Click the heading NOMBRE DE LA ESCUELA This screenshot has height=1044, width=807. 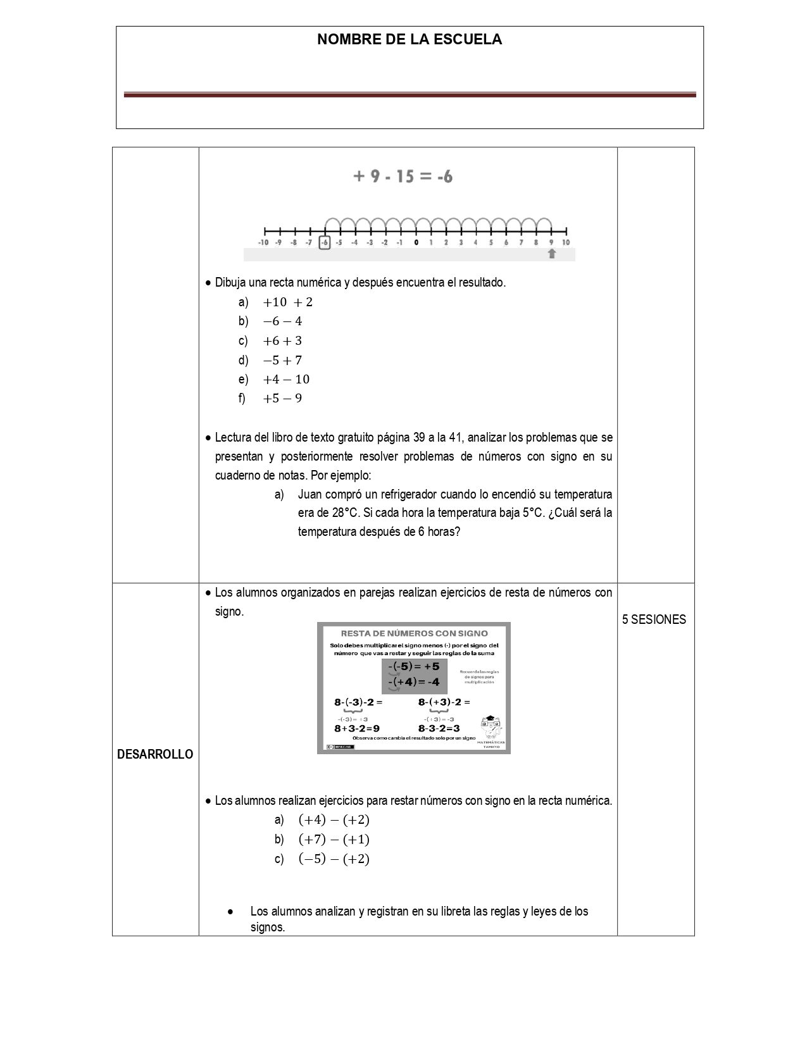click(410, 40)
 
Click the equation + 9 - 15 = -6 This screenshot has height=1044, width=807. click(403, 177)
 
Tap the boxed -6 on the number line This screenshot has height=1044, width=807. click(325, 242)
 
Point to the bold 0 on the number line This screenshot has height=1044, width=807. click(416, 242)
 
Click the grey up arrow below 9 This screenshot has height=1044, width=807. click(552, 254)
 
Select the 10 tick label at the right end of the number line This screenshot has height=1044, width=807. click(565, 242)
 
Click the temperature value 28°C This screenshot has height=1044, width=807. click(346, 513)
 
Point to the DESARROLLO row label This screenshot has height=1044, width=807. click(155, 754)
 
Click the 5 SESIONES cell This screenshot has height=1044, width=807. click(654, 620)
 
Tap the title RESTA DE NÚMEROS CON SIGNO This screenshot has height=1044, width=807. click(415, 633)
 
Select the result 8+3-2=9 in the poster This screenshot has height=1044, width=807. click(357, 728)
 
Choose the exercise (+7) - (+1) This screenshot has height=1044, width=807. click(334, 840)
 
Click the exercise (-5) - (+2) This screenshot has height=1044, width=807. click(334, 859)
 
